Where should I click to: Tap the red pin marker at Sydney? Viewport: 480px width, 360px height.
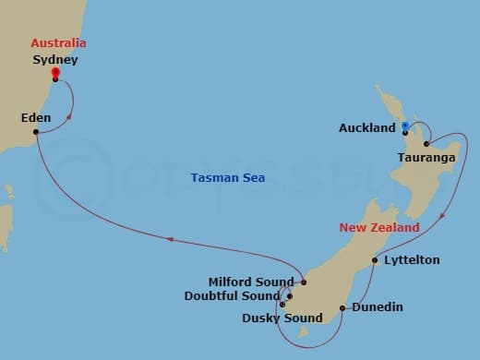[x=55, y=74]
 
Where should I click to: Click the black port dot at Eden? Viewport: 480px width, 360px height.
[x=35, y=132]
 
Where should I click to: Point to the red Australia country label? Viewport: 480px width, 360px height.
[x=58, y=43]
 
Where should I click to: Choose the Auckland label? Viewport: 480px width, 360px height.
[x=366, y=128]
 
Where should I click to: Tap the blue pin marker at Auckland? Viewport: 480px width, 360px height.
[x=405, y=127]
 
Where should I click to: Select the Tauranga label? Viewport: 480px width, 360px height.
[x=426, y=158]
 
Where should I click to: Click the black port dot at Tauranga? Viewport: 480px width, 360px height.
[x=426, y=143]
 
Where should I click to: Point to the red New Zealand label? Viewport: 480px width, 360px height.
[x=379, y=227]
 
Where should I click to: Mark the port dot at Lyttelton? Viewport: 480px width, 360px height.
[x=375, y=260]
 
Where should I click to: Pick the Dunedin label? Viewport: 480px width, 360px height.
[x=378, y=307]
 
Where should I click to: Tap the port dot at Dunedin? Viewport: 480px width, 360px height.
[x=342, y=307]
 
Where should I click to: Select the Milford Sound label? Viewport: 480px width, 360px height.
[x=251, y=282]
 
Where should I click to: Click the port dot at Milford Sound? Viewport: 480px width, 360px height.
[x=304, y=282]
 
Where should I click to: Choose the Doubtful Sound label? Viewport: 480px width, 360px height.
[x=244, y=296]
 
